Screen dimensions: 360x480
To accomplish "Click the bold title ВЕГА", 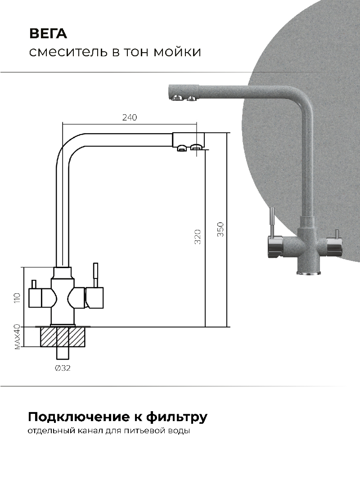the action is tap(48, 34).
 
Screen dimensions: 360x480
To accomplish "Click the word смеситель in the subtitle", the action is tap(68, 52).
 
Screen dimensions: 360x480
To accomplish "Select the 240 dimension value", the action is tap(130, 117).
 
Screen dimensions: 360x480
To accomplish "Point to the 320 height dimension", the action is tap(198, 236).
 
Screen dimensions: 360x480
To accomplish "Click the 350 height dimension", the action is tap(220, 229).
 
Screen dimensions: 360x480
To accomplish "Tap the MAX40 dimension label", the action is tap(17, 337).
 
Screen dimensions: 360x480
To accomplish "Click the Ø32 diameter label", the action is tap(63, 368).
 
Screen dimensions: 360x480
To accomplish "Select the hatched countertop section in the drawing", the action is tap(63, 337).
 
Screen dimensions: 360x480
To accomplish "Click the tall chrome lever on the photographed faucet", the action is tap(271, 222).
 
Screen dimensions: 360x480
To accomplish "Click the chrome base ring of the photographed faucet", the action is tap(309, 273).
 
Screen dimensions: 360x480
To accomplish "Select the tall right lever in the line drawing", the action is tap(96, 275).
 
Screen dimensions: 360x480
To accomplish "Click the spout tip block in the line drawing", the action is tap(188, 139).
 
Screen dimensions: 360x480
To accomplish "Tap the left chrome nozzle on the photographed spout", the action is tap(177, 98).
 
